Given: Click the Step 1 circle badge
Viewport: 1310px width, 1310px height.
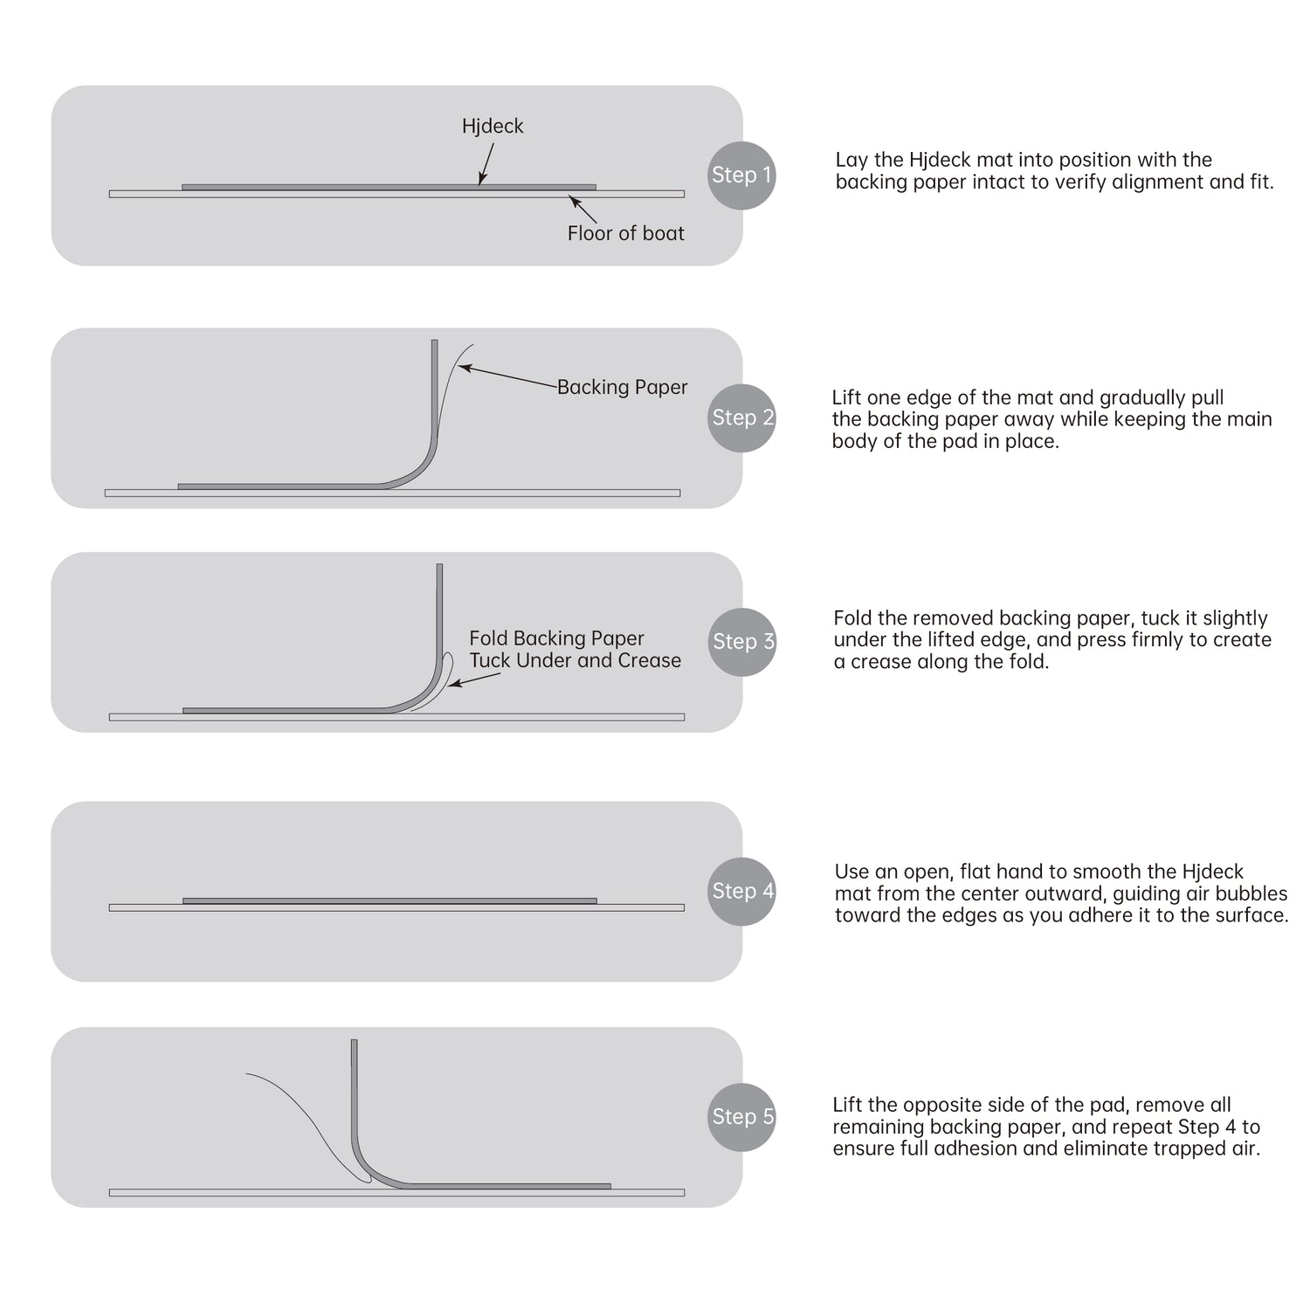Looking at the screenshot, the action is pos(741,175).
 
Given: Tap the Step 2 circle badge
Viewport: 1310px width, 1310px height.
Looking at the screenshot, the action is pos(741,417).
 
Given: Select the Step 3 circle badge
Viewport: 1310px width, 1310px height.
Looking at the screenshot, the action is pos(741,641).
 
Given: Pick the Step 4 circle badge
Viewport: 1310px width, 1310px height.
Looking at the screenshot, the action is pos(741,891).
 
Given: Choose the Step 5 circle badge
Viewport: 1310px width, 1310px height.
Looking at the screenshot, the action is pos(741,1116).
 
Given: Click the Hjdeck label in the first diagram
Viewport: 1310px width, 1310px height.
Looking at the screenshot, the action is pos(493,127).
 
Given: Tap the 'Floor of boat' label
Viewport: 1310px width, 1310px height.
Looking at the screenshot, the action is pos(625,233).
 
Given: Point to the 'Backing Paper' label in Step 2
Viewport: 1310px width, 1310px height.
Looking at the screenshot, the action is pos(622,387).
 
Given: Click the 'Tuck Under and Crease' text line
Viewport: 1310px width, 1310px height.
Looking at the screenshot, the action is pos(575,660).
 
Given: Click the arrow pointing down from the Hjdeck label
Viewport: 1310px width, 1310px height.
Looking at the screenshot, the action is pos(486,163).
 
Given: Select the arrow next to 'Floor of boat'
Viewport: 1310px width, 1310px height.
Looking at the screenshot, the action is pos(583,210).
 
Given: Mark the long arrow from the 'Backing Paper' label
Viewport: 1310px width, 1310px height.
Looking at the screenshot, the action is pos(508,376).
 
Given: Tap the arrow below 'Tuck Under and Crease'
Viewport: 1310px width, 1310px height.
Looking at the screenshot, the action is pos(474,679).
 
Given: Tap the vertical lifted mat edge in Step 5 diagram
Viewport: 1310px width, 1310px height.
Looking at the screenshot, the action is pos(355,1100).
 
